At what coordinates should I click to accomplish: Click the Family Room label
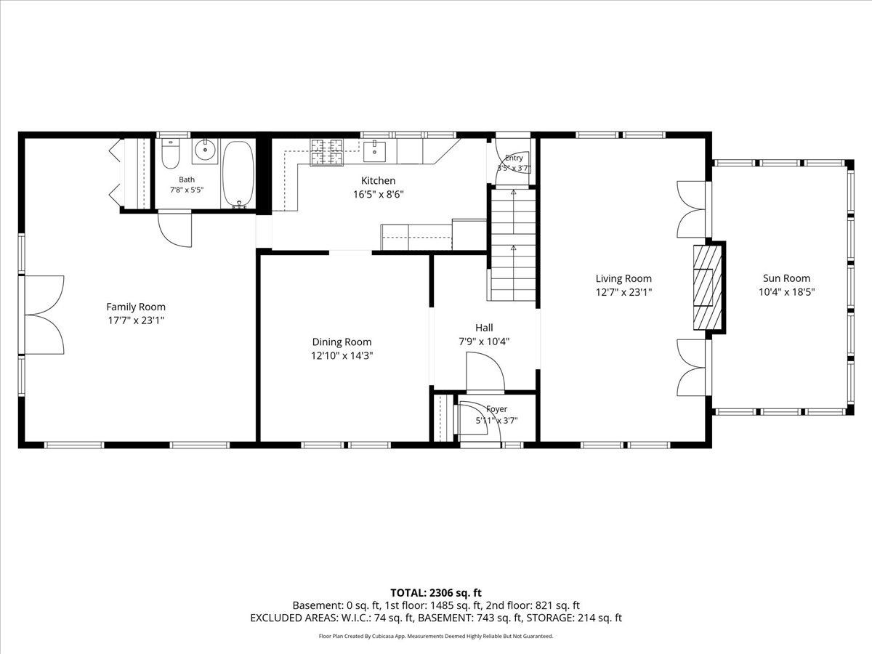136,307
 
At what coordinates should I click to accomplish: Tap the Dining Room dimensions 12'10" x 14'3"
342,355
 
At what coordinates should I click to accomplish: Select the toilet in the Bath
171,153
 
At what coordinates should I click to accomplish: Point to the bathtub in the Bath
238,174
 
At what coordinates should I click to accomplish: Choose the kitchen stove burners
326,153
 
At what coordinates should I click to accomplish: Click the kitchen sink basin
375,151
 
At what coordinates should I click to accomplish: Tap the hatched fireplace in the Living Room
707,288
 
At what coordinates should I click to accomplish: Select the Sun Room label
786,278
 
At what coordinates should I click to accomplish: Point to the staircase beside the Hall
514,245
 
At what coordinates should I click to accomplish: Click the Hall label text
484,328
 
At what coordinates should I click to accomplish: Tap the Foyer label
496,408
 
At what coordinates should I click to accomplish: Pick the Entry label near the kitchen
514,158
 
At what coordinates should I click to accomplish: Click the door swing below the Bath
175,230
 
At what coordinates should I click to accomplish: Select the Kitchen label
378,181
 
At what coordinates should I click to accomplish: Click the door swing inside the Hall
485,372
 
